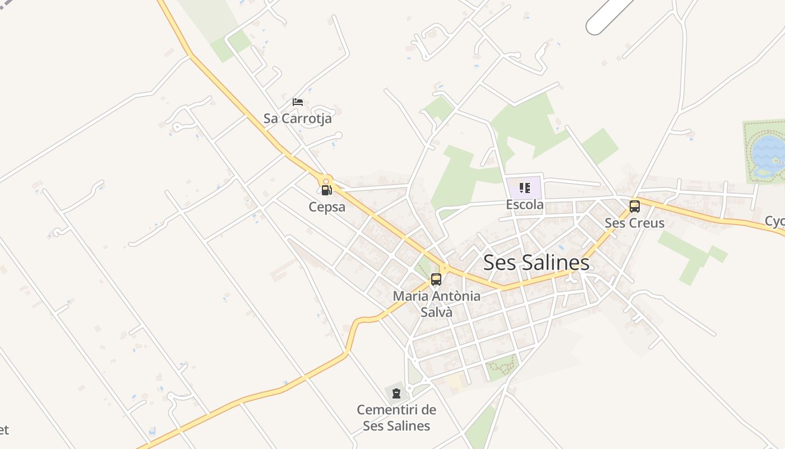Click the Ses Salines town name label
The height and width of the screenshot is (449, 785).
click(536, 263)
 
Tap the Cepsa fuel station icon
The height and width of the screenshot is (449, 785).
click(327, 190)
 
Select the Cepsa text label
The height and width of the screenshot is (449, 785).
click(327, 207)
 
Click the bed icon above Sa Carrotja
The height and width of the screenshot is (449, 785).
click(298, 102)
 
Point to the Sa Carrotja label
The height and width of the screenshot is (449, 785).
click(298, 118)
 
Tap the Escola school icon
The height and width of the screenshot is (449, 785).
click(525, 187)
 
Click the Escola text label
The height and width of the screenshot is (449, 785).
click(525, 204)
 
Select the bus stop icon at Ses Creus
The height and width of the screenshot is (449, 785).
click(634, 206)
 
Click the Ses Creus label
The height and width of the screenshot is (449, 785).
click(634, 223)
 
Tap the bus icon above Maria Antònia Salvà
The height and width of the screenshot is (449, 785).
click(436, 279)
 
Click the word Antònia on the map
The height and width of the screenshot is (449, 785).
click(455, 296)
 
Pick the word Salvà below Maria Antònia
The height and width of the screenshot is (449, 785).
click(436, 312)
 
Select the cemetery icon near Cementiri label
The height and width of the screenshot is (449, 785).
click(396, 393)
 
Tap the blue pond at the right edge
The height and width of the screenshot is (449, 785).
click(768, 150)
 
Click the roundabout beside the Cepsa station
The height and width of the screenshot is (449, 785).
click(326, 181)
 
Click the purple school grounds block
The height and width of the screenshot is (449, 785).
click(533, 182)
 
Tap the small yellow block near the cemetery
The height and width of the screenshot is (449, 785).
click(455, 382)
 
